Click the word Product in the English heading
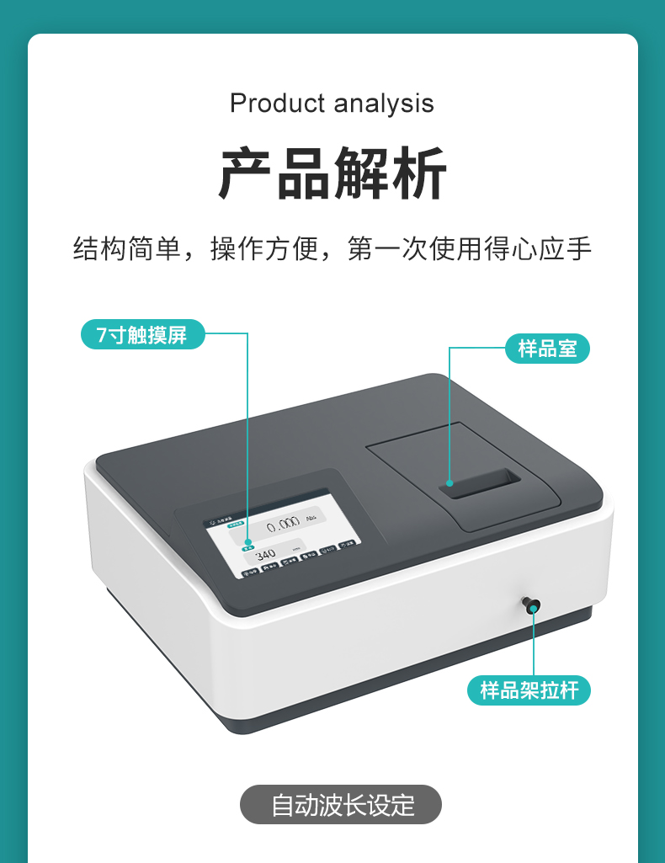[277, 104]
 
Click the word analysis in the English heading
[384, 104]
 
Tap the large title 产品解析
[332, 174]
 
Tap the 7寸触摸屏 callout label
[142, 334]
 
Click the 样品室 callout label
[547, 349]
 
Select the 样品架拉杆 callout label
[529, 691]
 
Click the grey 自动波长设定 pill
[341, 805]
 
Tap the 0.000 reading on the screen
[282, 525]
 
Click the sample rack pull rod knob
[531, 604]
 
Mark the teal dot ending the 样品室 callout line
[450, 483]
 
